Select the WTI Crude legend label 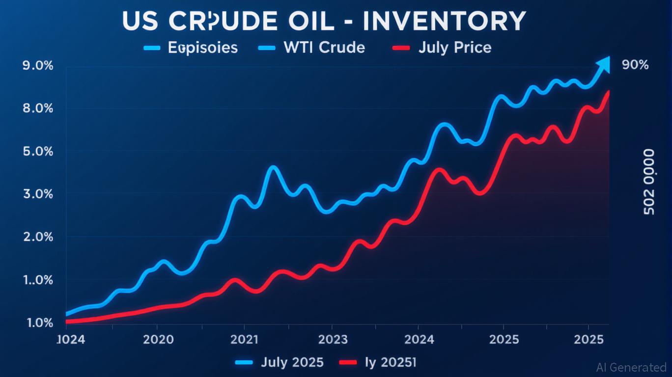(324, 48)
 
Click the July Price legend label (455, 48)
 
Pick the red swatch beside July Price (401, 48)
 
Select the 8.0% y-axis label (38, 108)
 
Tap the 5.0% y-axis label (38, 151)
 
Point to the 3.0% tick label (38, 194)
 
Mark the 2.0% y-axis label (38, 237)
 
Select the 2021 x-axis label (244, 340)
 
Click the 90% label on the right (635, 65)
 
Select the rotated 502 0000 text (648, 182)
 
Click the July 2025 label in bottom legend (292, 363)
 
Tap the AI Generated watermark (631, 367)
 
